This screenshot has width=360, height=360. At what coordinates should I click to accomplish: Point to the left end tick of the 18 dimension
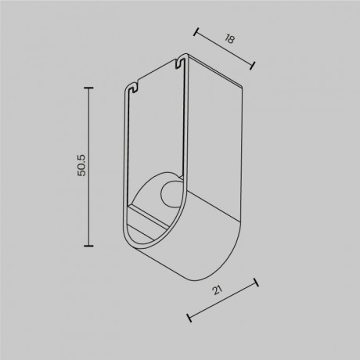tap(195, 34)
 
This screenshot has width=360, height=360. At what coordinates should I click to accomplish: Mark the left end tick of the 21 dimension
tap(188, 316)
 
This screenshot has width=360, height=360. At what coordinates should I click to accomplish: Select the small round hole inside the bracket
tap(169, 193)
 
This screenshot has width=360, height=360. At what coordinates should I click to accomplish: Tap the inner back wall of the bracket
tap(157, 133)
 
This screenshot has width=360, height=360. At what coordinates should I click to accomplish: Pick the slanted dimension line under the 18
tap(224, 49)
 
